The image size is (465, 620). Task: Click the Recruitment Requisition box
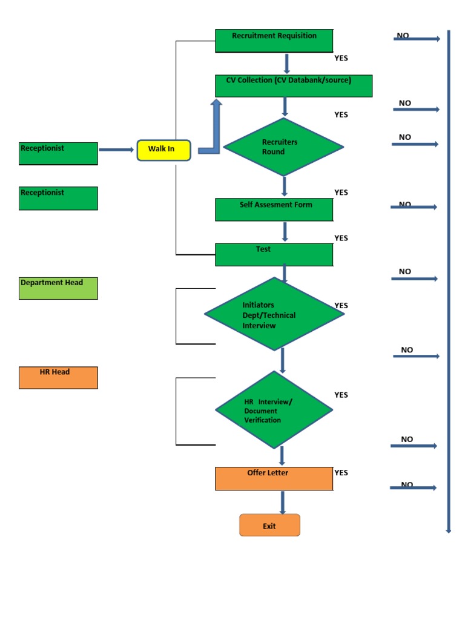click(274, 41)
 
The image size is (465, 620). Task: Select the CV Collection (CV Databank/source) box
click(294, 86)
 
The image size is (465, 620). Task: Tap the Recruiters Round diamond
click(283, 147)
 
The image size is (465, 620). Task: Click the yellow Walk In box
click(164, 150)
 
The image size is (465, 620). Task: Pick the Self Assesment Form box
click(274, 209)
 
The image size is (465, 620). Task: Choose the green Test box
click(274, 254)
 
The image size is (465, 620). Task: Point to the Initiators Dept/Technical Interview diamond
click(274, 314)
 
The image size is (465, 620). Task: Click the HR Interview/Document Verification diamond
click(274, 410)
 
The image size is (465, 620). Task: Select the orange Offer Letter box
click(274, 478)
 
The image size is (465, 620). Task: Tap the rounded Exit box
click(269, 525)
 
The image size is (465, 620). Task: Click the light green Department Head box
click(58, 288)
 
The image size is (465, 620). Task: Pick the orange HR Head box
click(58, 377)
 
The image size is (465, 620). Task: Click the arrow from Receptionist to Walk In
click(116, 150)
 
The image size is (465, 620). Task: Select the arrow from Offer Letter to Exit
click(283, 503)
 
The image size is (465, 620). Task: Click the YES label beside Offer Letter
click(341, 473)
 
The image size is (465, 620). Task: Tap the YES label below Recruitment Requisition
click(341, 59)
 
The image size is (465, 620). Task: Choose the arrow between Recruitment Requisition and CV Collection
click(287, 64)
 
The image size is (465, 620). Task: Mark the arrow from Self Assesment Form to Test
click(285, 232)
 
